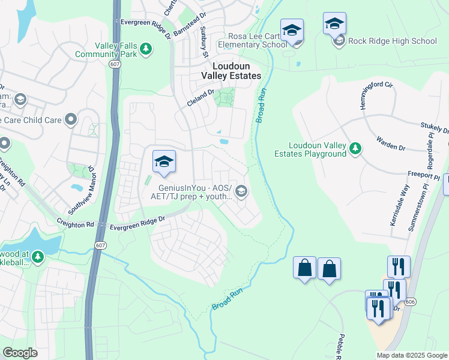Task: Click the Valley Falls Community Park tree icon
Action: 145,48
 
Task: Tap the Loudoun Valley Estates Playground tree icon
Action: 355,148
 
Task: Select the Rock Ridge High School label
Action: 393,41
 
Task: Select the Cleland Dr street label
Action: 200,98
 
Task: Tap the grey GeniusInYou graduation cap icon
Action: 241,191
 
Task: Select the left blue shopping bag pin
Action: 305,268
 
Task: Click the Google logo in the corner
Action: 20,353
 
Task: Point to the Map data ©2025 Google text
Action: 412,355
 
